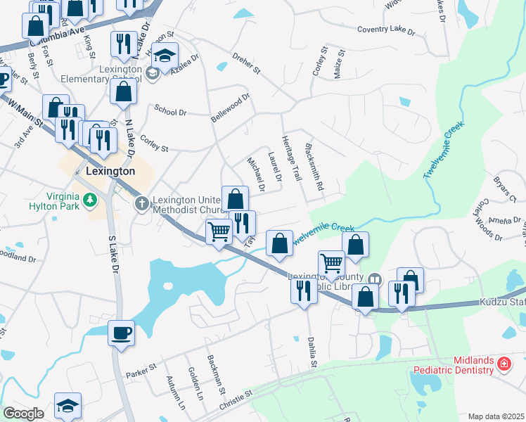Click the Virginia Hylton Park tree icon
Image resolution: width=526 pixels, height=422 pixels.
pos(89,202)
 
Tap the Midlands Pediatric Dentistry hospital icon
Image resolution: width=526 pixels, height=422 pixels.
pos(503,364)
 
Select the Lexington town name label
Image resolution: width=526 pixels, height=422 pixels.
pos(109,171)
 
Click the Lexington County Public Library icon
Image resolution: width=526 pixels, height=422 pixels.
pos(375,279)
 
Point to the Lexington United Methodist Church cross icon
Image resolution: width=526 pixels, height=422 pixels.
pos(141,204)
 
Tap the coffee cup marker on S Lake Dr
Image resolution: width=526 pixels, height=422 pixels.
pos(122,332)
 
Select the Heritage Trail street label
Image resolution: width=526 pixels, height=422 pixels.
pos(290,158)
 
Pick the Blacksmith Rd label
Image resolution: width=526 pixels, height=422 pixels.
pos(314,168)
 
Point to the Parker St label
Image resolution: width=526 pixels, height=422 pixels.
pos(141,369)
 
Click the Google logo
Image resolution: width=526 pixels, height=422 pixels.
pos(23,414)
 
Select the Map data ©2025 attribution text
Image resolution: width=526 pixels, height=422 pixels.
pos(496,416)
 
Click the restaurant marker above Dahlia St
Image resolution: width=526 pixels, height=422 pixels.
pos(304,289)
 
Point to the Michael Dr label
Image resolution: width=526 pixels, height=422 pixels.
pos(255,174)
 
